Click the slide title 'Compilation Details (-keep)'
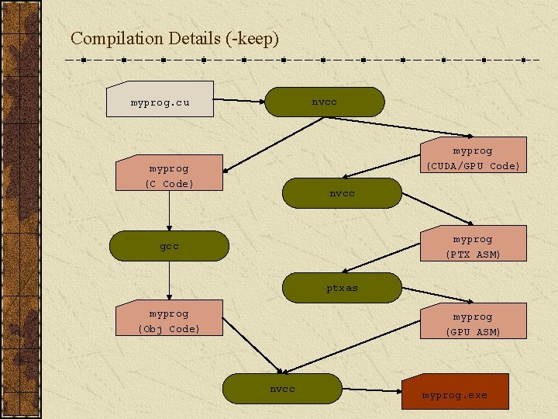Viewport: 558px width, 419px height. tap(174, 38)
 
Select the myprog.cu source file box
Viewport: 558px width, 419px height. tap(160, 102)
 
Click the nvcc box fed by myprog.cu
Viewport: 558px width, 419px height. tap(324, 102)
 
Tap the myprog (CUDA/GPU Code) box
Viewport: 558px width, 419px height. tap(472, 158)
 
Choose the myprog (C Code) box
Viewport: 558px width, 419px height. tap(169, 175)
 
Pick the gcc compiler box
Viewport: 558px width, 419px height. tap(169, 246)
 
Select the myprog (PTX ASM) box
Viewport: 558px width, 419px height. tap(472, 246)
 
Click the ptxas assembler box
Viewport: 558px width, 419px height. tap(342, 287)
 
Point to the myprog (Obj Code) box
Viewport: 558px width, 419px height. tap(169, 320)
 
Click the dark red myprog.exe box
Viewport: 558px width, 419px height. tap(455, 394)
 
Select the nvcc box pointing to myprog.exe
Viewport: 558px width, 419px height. tap(282, 389)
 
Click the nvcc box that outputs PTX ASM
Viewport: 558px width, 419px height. tap(342, 193)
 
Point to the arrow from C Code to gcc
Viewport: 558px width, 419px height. tap(169, 210)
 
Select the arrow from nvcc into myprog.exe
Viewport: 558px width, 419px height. tap(372, 390)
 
